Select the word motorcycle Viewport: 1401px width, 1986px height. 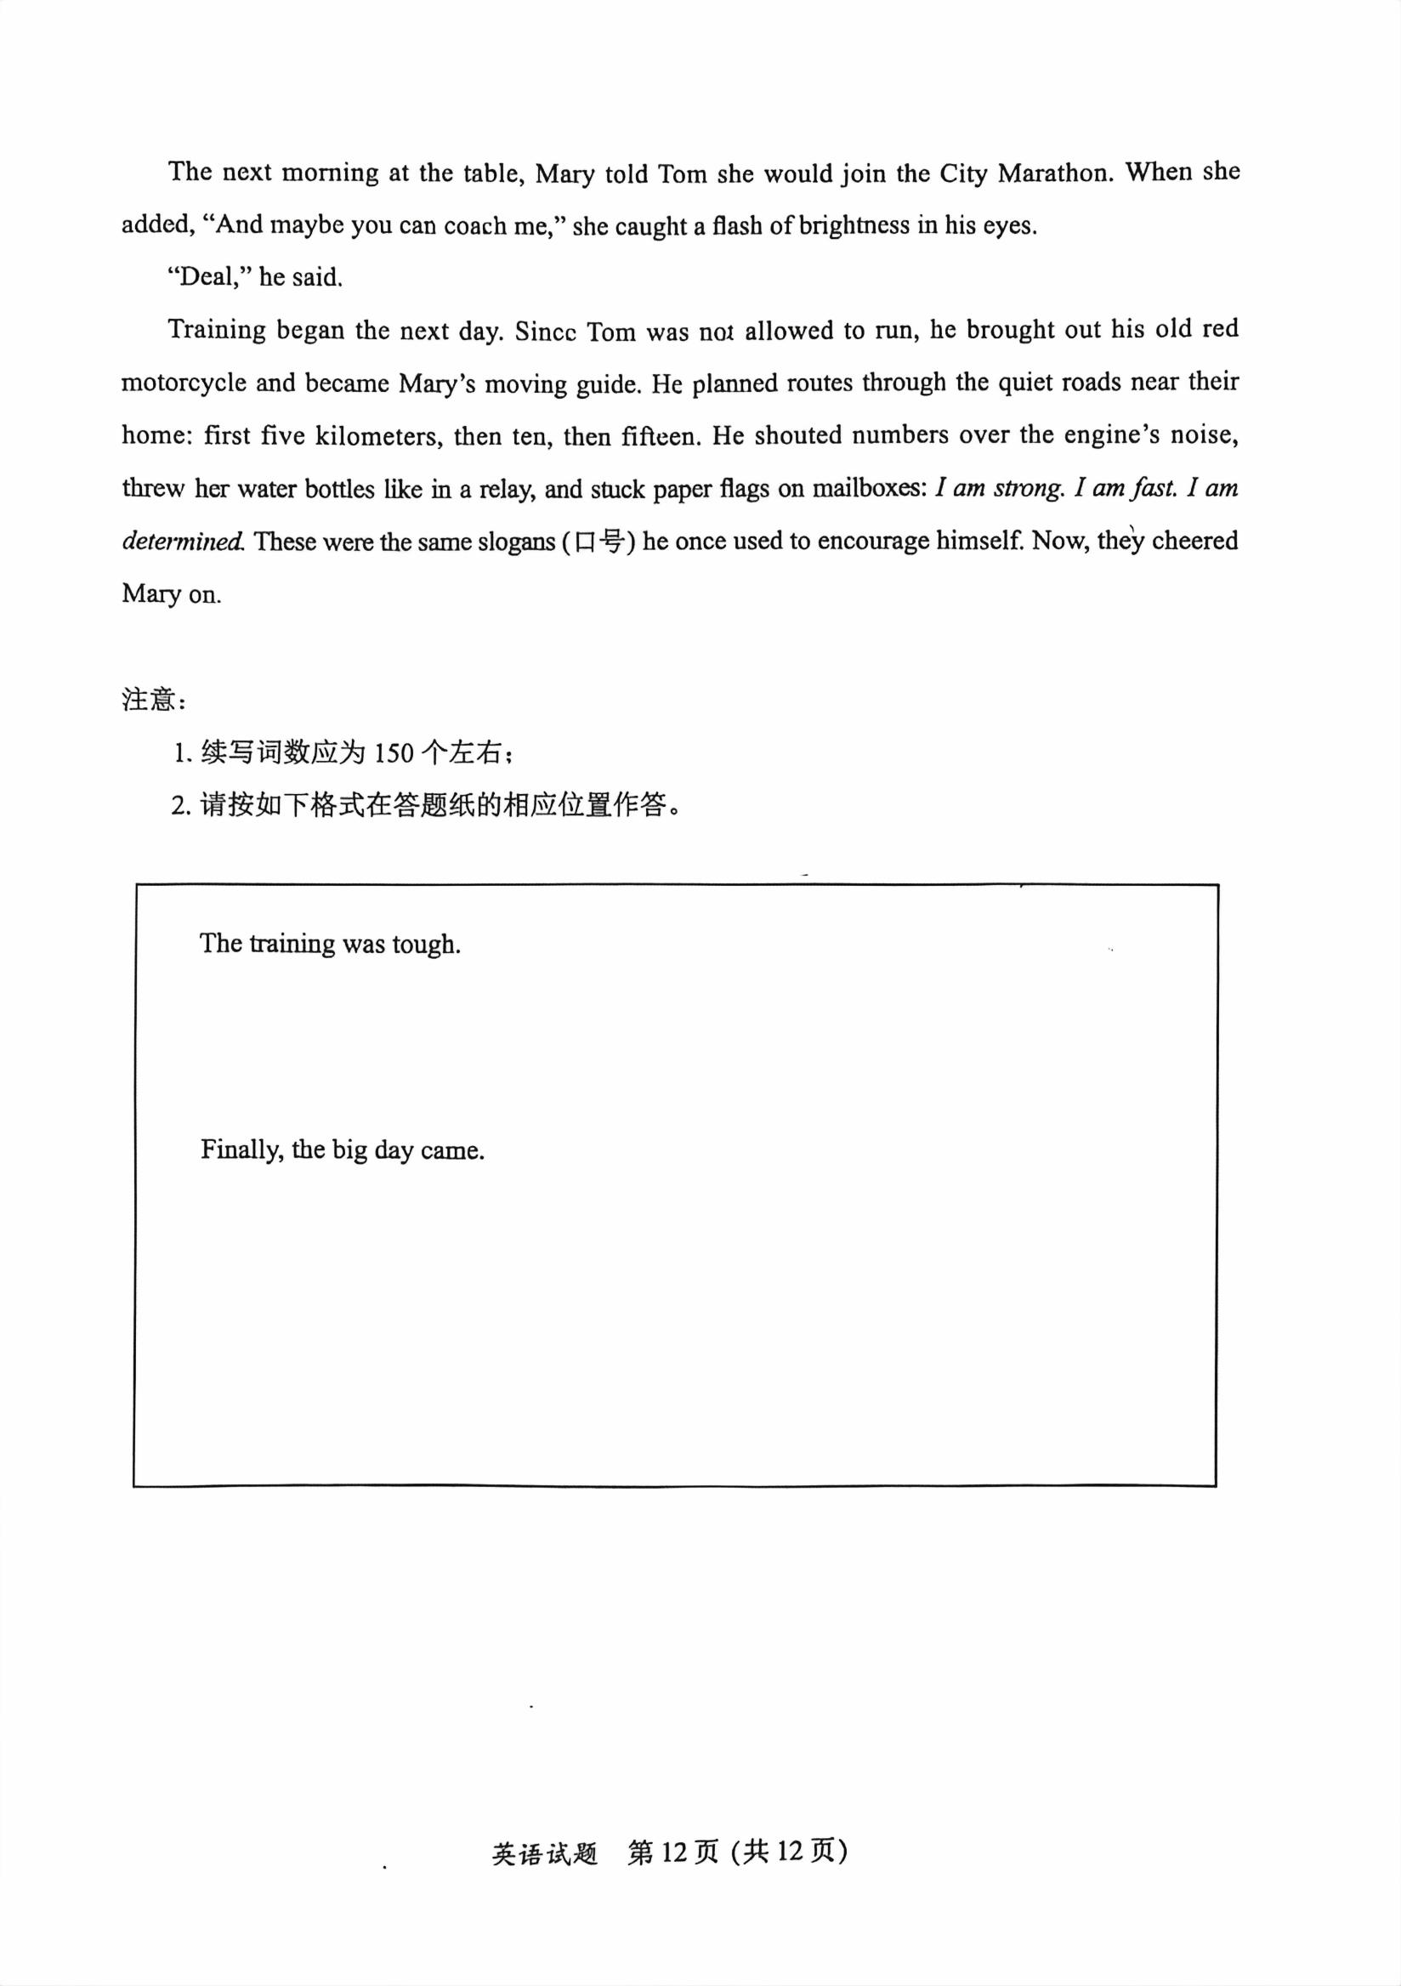point(184,383)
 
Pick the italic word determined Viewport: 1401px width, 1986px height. point(183,542)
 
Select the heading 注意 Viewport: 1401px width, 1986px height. point(150,699)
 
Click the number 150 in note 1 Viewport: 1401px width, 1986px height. point(394,753)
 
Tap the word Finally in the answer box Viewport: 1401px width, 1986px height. point(241,1150)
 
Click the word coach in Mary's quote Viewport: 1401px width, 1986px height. point(474,226)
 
